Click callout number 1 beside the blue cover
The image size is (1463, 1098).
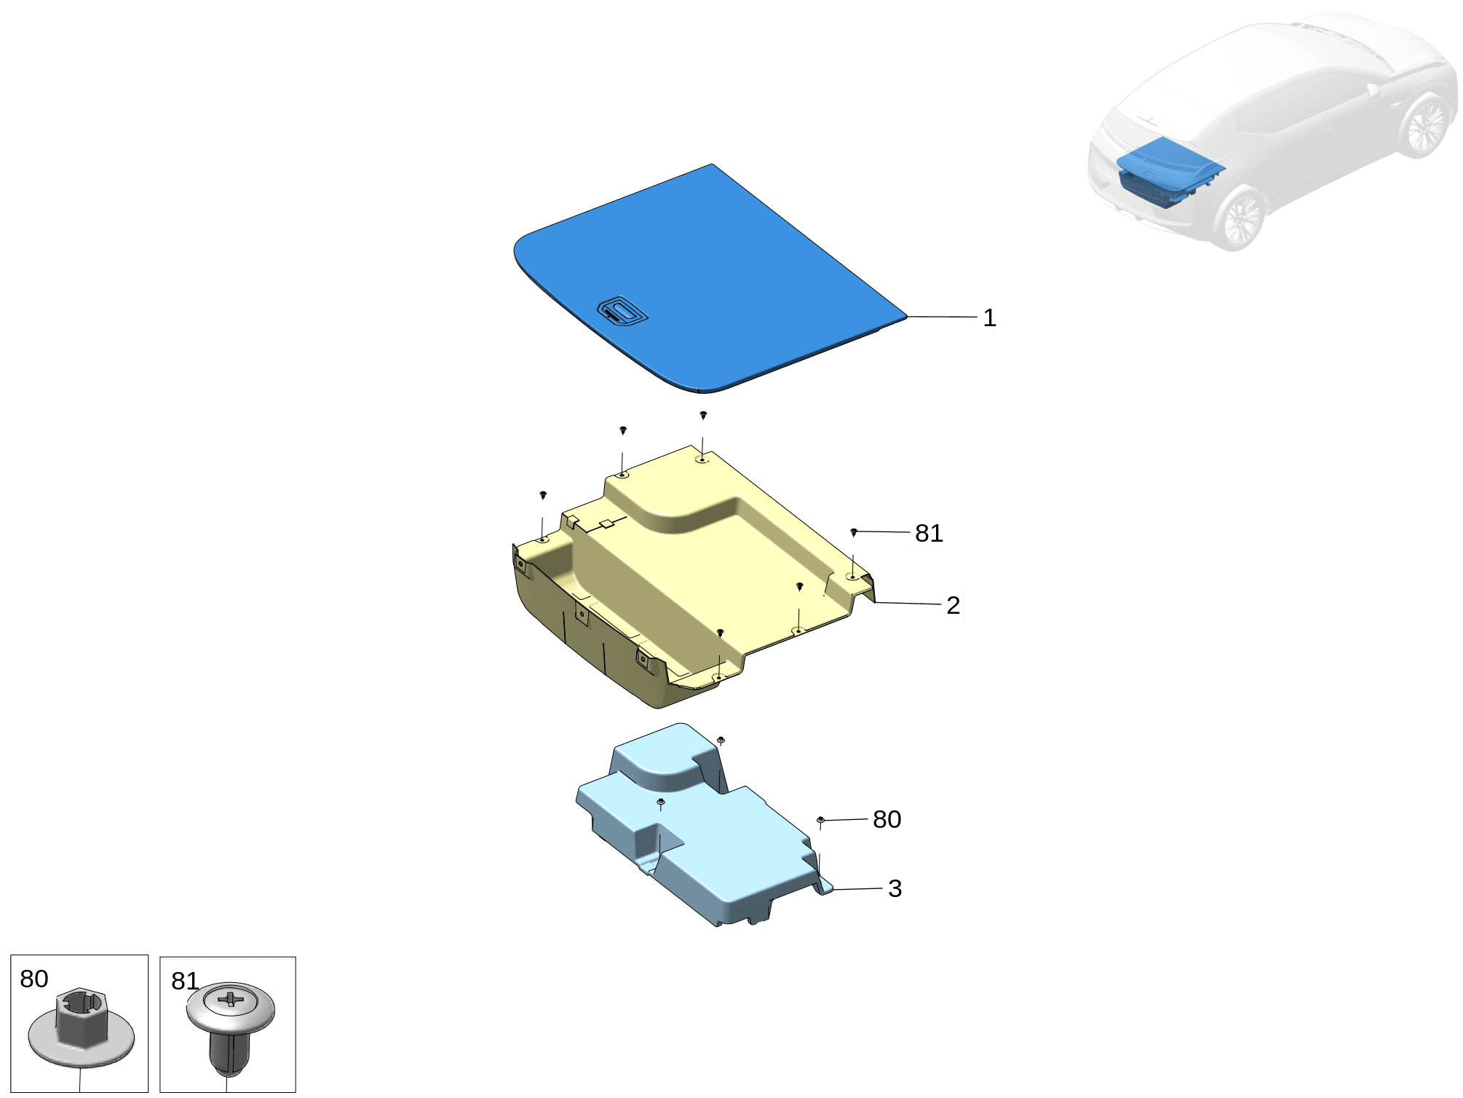989,317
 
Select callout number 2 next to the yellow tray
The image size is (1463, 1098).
953,605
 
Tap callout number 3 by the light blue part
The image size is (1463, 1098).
895,888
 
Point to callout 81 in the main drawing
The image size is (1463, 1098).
929,533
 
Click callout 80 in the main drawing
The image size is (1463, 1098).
887,819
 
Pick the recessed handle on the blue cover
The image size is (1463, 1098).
622,312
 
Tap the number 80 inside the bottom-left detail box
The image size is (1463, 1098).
34,979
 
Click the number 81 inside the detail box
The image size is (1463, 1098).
185,981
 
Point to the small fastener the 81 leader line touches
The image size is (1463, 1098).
854,532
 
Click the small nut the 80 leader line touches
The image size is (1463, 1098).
821,821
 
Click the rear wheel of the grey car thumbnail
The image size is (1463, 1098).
1425,125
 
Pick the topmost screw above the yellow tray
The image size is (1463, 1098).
703,415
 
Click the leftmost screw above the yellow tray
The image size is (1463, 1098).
543,495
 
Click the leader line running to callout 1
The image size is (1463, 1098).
942,317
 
